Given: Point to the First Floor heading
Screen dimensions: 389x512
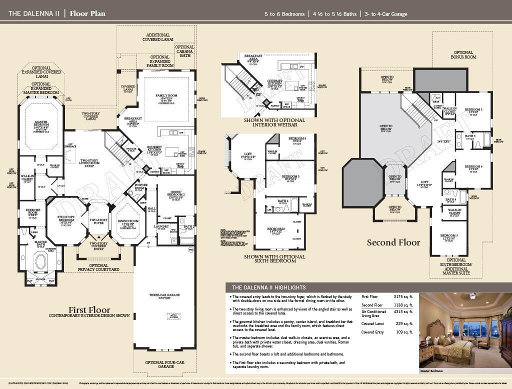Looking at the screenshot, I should click(x=89, y=310).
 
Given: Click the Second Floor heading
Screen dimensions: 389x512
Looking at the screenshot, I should click(x=393, y=242).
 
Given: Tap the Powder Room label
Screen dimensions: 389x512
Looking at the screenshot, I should click(x=141, y=186).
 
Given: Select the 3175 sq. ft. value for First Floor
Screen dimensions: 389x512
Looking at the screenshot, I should click(x=403, y=296).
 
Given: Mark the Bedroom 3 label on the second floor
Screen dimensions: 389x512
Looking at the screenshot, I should click(x=473, y=109).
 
